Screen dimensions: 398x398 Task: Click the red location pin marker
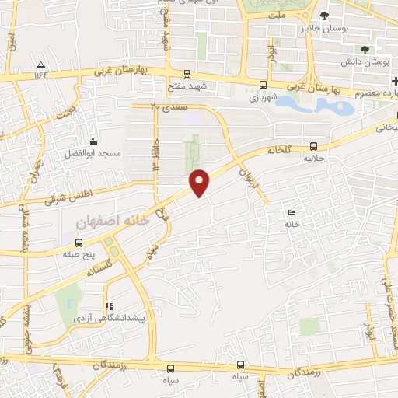tap(201, 182)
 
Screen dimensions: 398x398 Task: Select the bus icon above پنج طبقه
tap(78, 243)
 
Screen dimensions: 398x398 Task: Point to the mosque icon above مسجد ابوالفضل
tap(93, 142)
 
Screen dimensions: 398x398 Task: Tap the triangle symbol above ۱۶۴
tap(40, 65)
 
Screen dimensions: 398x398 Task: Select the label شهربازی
tap(264, 99)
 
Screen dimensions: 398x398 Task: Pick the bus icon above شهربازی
tap(263, 86)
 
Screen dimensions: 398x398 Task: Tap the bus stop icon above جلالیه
tap(313, 145)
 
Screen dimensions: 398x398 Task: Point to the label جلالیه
tap(313, 157)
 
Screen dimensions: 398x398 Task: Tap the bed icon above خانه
tap(292, 213)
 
